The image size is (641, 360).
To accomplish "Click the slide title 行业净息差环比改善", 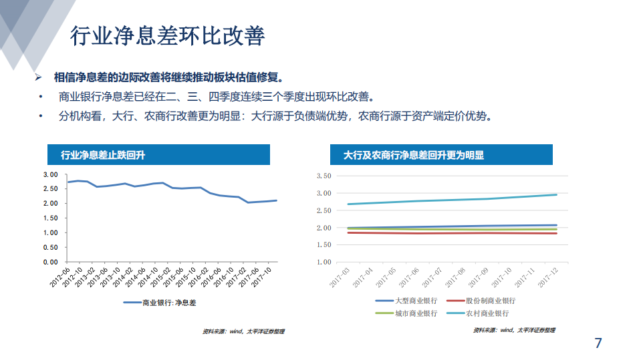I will click(x=167, y=36).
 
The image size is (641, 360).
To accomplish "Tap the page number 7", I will click(x=598, y=343).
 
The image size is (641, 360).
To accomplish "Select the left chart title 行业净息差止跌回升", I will click(x=104, y=155).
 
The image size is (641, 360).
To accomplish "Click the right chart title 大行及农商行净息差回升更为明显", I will click(x=414, y=155).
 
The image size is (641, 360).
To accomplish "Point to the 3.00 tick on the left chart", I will click(x=51, y=174).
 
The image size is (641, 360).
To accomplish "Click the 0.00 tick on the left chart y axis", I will click(x=51, y=262).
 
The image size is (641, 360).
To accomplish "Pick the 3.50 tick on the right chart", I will click(x=323, y=176).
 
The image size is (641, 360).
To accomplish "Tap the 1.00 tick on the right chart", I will click(x=323, y=262).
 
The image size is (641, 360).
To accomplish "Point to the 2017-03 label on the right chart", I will click(x=340, y=277).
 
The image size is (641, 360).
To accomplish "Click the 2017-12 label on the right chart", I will click(x=549, y=277).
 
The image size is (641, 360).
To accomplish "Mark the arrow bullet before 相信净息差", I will click(x=39, y=77).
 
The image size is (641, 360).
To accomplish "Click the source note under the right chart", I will click(x=513, y=330).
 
